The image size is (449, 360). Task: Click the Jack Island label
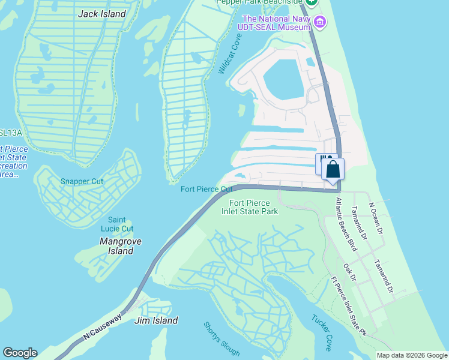tap(102, 14)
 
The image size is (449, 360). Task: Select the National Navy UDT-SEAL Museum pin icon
tap(320, 23)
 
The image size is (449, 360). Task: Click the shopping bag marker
tap(333, 169)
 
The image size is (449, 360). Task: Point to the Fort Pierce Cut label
tap(206, 190)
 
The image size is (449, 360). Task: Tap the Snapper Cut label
tap(82, 181)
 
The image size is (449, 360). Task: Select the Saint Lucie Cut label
tap(121, 224)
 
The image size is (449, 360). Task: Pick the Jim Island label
tap(156, 320)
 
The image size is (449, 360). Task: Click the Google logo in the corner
tap(20, 353)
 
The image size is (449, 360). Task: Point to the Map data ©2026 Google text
tap(411, 355)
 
